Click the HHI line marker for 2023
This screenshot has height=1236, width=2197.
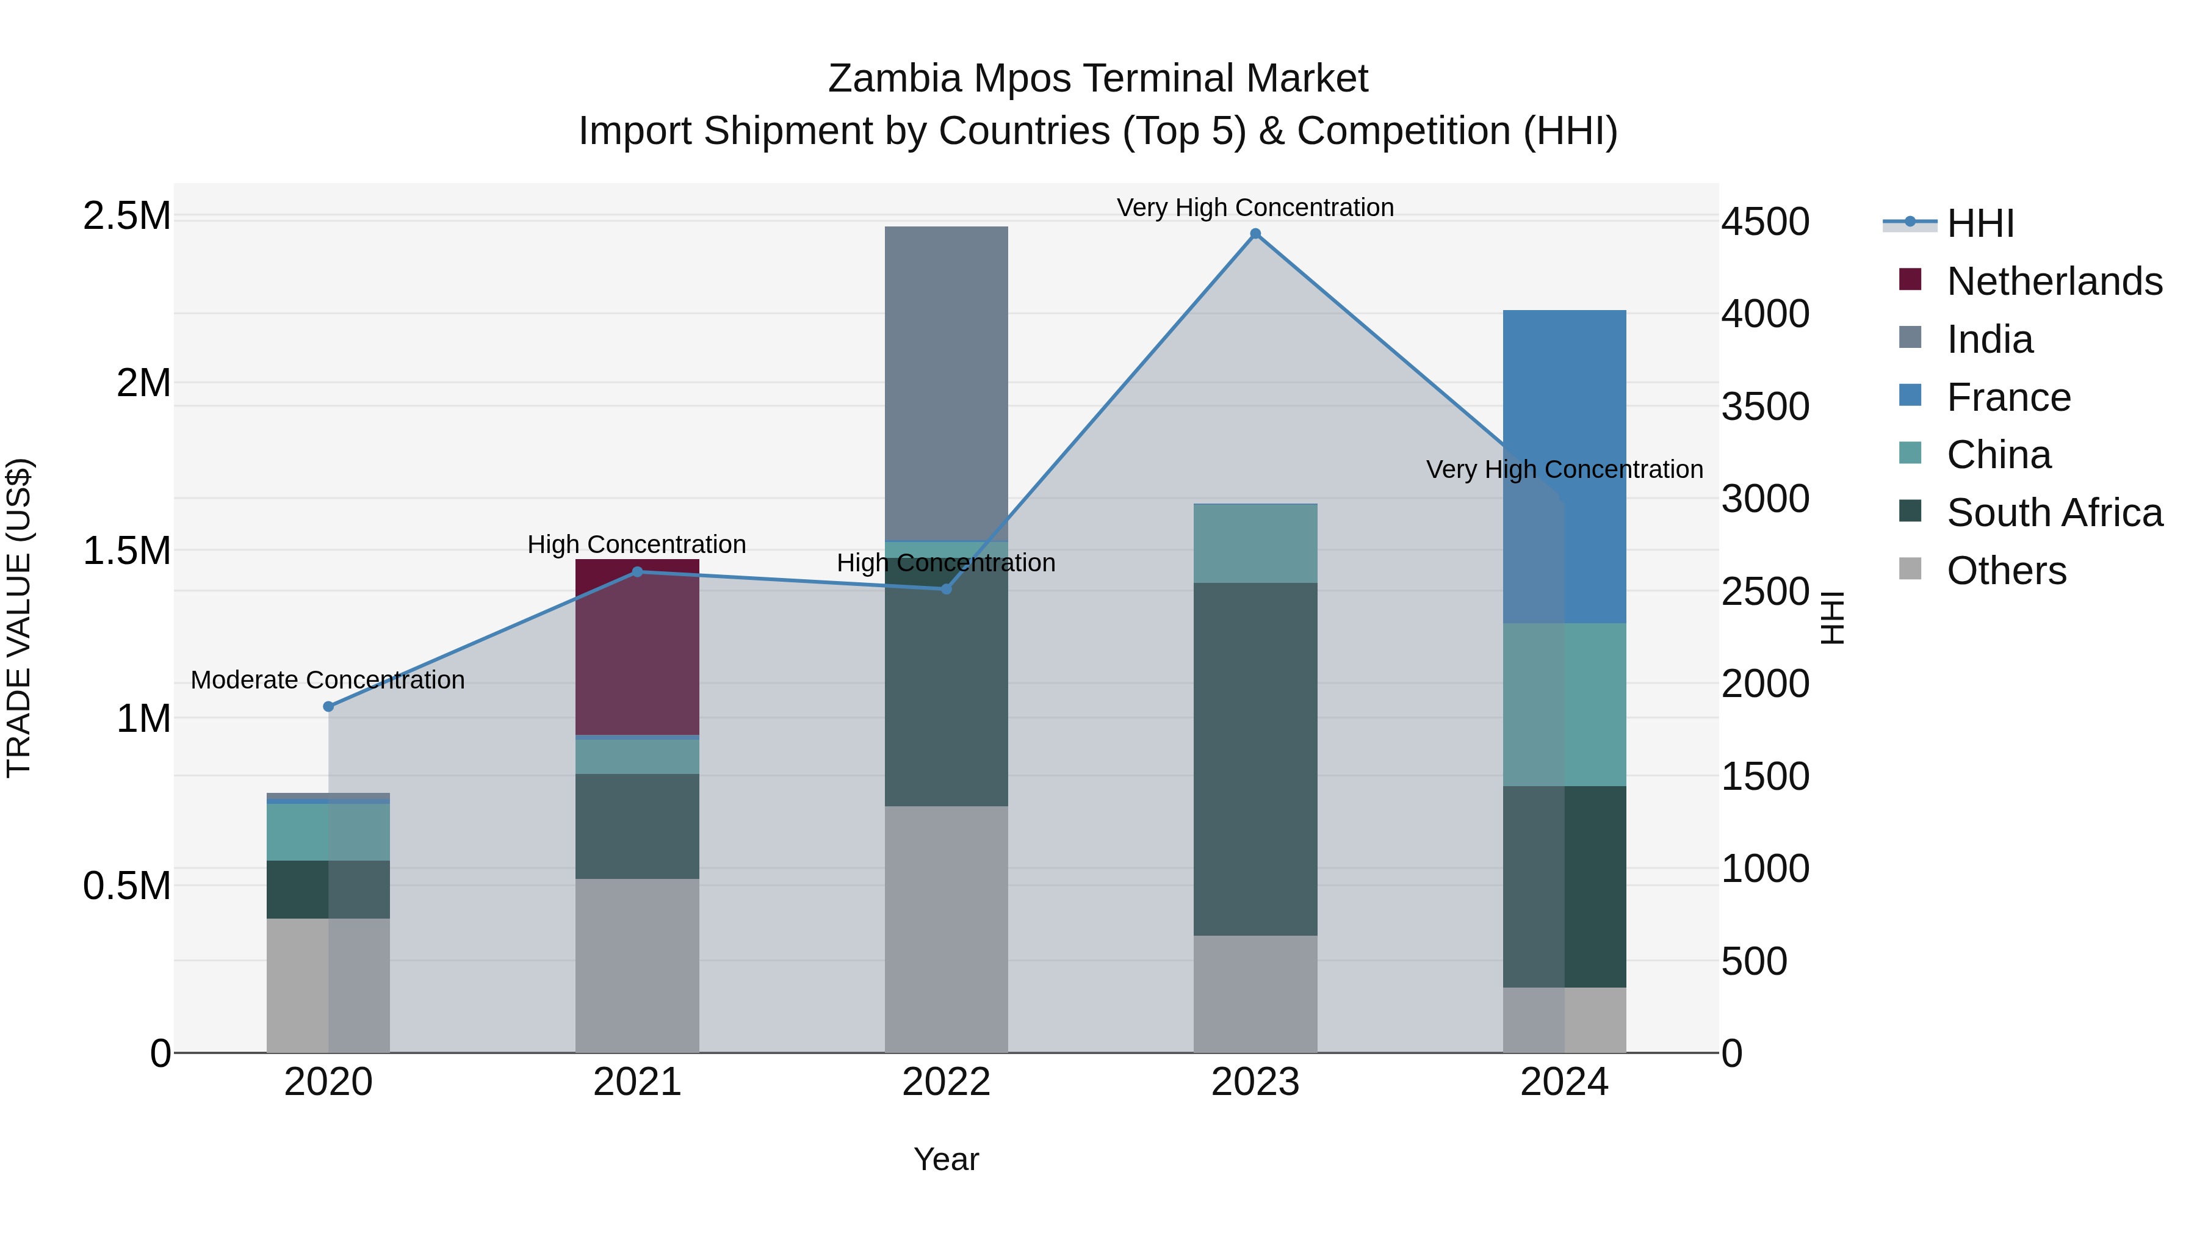[1255, 234]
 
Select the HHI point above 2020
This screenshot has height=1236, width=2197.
[328, 706]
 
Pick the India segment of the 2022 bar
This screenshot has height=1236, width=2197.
[946, 384]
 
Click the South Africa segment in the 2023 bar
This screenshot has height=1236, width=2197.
[1255, 759]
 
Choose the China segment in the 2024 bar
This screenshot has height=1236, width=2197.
[1564, 704]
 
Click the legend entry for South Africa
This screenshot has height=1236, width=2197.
[2055, 513]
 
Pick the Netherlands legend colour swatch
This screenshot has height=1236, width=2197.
[1910, 280]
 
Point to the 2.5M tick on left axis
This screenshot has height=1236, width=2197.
[126, 216]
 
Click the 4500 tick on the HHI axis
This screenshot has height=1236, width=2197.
[1764, 222]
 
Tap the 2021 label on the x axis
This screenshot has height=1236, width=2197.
[637, 1082]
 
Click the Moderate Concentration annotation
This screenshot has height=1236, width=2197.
[328, 680]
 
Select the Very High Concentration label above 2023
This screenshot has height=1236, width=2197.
[1255, 208]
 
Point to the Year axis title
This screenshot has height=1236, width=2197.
[946, 1159]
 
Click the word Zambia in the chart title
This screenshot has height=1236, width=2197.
[895, 79]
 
